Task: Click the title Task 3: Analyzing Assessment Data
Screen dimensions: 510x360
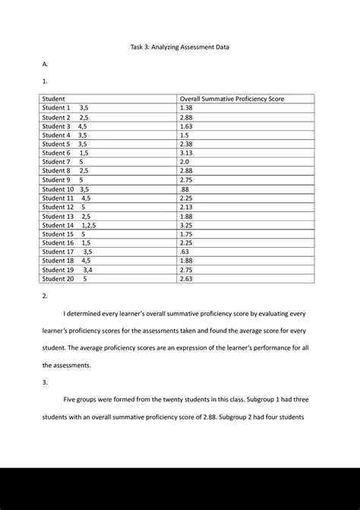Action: tap(180, 47)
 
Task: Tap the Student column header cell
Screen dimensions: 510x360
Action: tap(53, 100)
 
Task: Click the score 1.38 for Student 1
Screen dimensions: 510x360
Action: tap(186, 109)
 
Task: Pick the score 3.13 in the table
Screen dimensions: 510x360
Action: tap(186, 153)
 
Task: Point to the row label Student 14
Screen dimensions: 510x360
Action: tap(58, 225)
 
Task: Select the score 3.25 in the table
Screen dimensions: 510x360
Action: tap(186, 225)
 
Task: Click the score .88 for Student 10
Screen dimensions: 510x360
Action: tap(185, 189)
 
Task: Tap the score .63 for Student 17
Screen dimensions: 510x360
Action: tap(185, 252)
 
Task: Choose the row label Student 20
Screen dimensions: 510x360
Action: tap(58, 279)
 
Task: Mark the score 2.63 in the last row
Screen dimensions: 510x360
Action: tap(186, 279)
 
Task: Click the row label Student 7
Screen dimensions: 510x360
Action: tap(55, 162)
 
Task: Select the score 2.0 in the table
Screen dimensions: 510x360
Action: tap(185, 162)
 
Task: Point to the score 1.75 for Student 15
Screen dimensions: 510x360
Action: tap(186, 234)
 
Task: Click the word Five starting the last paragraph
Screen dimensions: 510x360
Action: tap(71, 399)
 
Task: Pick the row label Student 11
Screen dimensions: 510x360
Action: tap(58, 198)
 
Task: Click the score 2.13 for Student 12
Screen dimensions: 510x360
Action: tap(186, 207)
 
